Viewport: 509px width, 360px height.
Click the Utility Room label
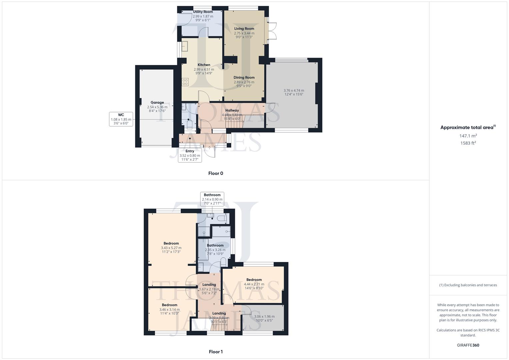[x=203, y=12]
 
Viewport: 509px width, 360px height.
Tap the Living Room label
[x=244, y=29]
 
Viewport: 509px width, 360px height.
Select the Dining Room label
[x=244, y=78]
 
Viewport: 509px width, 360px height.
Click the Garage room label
[x=157, y=103]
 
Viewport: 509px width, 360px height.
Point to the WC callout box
[x=121, y=119]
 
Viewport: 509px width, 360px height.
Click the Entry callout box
[x=190, y=155]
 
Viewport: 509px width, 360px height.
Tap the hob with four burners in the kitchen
[x=185, y=82]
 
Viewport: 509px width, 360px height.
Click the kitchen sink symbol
[x=185, y=46]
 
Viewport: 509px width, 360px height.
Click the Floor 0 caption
[x=216, y=173]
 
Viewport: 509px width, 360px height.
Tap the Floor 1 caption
[x=216, y=352]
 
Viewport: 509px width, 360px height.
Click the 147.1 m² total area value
[x=468, y=136]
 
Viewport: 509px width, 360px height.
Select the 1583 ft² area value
[x=468, y=143]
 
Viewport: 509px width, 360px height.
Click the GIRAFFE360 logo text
[x=468, y=345]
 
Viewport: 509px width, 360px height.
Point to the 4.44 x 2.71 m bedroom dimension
[x=254, y=284]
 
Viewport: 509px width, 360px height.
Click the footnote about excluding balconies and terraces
[x=468, y=285]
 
